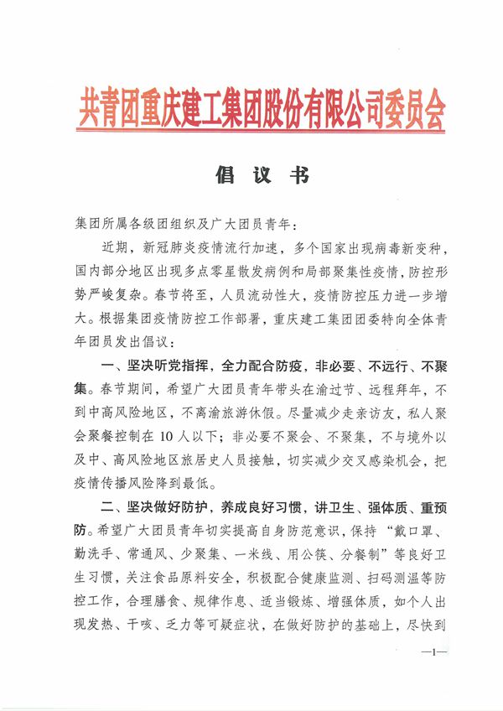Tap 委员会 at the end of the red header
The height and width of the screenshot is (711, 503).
click(x=415, y=109)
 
